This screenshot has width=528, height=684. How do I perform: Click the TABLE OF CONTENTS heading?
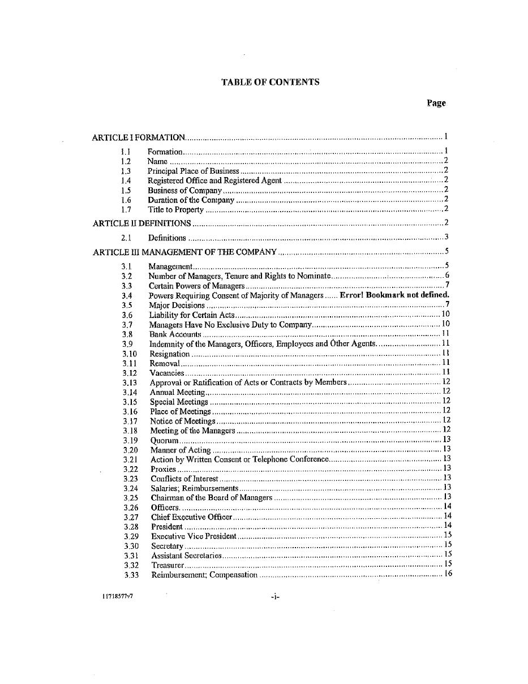tap(270, 82)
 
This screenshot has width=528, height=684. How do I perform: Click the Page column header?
tap(436, 103)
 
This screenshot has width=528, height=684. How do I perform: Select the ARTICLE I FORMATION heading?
tap(139, 137)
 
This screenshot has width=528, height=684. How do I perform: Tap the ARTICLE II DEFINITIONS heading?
tap(141, 223)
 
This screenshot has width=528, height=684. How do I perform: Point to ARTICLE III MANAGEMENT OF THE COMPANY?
tap(184, 252)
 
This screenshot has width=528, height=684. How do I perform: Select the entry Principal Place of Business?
tap(193, 171)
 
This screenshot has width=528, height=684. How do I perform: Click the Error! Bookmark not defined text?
tap(394, 295)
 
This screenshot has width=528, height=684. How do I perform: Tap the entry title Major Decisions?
tap(177, 305)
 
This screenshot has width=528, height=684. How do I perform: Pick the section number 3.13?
tap(130, 382)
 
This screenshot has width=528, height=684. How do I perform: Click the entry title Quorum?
tap(164, 440)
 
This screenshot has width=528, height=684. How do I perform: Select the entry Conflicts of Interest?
tap(184, 479)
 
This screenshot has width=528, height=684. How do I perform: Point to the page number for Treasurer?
tap(448, 565)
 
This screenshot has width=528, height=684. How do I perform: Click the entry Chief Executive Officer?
tap(191, 517)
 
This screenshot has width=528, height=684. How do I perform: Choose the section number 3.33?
tap(131, 575)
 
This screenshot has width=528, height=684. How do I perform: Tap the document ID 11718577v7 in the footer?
tap(118, 596)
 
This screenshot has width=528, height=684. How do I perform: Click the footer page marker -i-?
tap(275, 596)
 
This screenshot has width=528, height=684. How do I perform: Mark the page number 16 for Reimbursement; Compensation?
tap(448, 574)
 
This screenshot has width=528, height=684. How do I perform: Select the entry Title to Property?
tap(175, 210)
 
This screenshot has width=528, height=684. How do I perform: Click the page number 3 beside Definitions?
tap(447, 238)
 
